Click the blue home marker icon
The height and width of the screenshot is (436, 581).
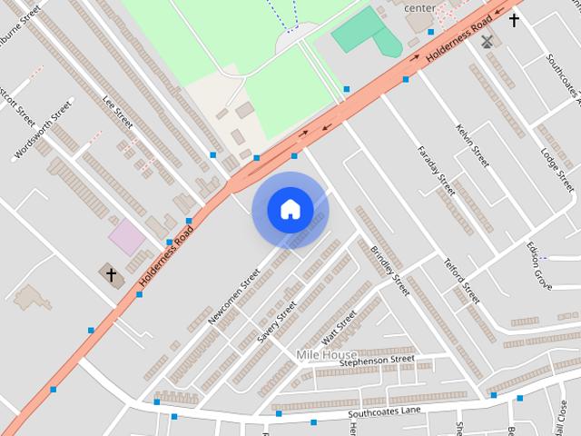[x=290, y=210]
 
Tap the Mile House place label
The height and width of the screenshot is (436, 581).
[x=326, y=354]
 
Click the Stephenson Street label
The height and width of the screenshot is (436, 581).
[x=377, y=361]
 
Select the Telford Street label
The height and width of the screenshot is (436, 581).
[x=460, y=280]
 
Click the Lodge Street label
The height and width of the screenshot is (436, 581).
[x=556, y=166]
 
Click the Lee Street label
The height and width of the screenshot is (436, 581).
[x=118, y=112]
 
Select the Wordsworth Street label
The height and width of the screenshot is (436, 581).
[x=54, y=131]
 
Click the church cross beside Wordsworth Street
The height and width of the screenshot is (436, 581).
[x=111, y=273]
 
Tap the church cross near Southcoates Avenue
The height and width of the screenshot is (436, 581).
[x=514, y=19]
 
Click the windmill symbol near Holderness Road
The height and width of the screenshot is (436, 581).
[x=486, y=41]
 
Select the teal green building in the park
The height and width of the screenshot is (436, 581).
[x=364, y=35]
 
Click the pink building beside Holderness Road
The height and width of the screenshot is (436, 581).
[x=126, y=238]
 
